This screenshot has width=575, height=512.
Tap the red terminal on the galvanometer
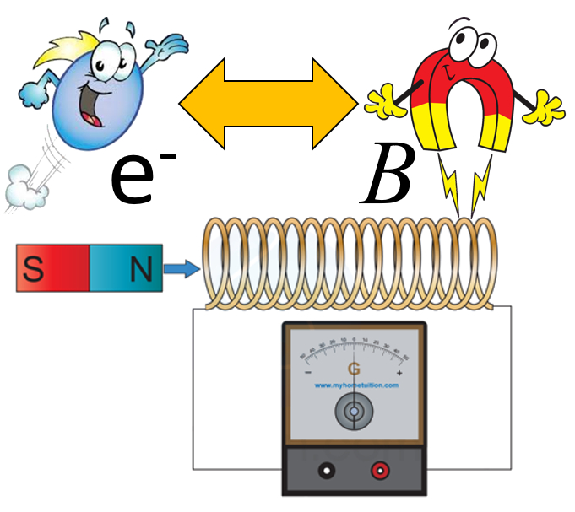click(x=381, y=470)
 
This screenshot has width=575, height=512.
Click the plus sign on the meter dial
click(x=399, y=372)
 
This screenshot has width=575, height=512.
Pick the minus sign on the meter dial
click(x=309, y=372)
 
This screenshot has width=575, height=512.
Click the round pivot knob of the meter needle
click(x=355, y=412)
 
